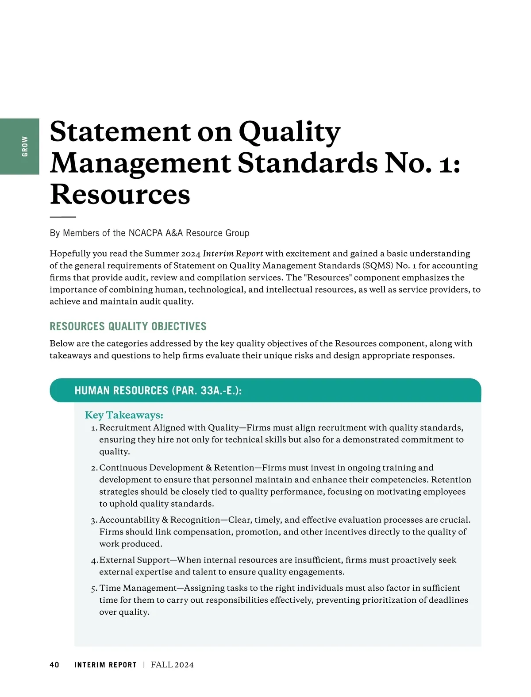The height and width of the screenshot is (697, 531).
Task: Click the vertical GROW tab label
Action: tap(25, 146)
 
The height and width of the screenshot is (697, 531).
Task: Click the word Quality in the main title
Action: tap(289, 132)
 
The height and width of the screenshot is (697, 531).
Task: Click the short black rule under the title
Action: tap(63, 217)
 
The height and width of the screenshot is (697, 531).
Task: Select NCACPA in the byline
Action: tap(146, 233)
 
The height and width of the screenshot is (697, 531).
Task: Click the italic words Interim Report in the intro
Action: tap(233, 254)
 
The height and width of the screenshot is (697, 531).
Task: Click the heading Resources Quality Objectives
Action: tap(128, 327)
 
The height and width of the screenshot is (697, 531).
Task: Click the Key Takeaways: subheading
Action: tap(124, 415)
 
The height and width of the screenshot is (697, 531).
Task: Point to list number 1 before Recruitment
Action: tap(94, 428)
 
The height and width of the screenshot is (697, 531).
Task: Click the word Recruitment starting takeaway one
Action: tap(125, 428)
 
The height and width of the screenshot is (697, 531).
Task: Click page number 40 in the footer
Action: tap(54, 665)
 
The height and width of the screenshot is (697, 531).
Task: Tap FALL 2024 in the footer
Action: tap(172, 665)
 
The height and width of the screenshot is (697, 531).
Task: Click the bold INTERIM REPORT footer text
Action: tap(105, 665)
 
